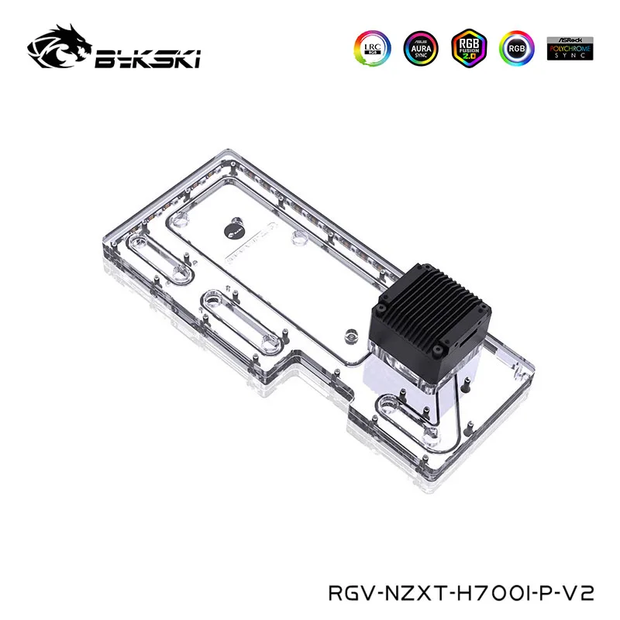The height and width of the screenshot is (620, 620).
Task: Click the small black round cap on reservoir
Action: click(236, 229)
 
